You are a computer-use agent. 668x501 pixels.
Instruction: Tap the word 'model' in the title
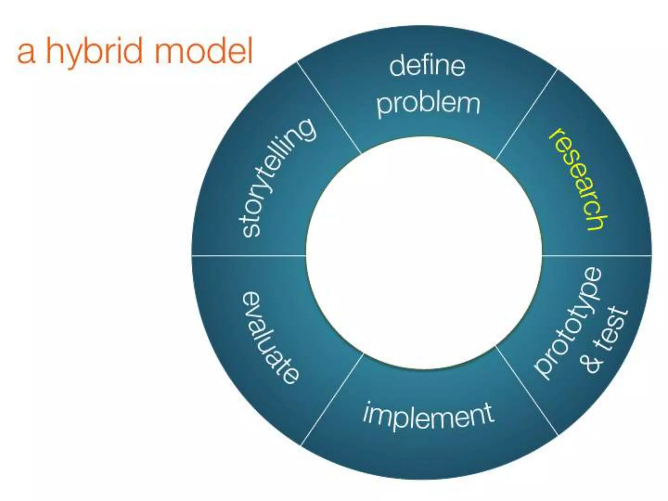203,51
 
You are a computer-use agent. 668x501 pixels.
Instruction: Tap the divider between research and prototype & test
597,255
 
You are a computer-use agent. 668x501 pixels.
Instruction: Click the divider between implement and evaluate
331,399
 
